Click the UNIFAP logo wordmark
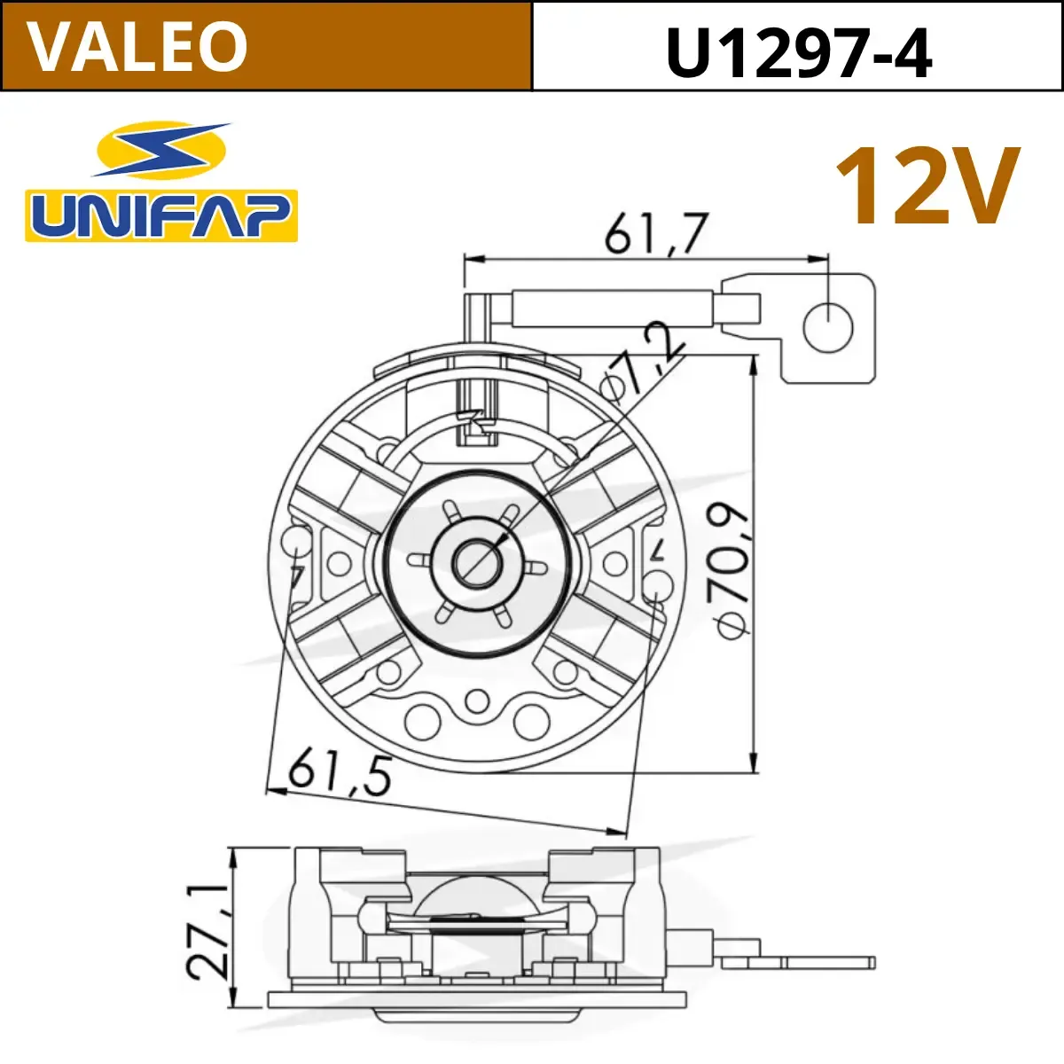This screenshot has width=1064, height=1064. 161,215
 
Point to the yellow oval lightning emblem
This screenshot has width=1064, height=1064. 161,150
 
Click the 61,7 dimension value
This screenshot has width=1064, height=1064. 655,233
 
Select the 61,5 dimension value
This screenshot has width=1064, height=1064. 340,775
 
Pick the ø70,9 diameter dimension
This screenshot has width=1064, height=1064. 732,572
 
